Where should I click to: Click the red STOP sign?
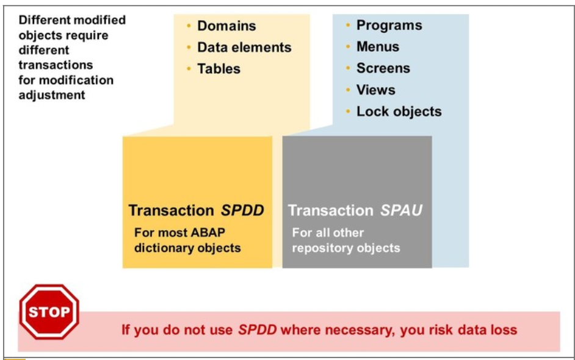click(49, 312)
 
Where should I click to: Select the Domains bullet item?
click(226, 26)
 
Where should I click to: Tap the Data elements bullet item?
click(244, 48)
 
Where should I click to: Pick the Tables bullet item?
click(219, 69)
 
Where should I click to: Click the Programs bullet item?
click(389, 26)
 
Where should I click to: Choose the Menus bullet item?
click(377, 47)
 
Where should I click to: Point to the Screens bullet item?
click(383, 68)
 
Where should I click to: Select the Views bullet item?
click(375, 90)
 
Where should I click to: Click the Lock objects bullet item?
click(399, 112)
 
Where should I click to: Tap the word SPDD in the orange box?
click(242, 211)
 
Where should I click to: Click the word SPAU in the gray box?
click(401, 211)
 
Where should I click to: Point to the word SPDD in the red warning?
click(257, 330)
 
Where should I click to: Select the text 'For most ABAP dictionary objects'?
click(187, 240)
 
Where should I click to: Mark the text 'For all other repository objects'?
click(345, 240)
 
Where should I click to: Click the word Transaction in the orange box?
click(171, 211)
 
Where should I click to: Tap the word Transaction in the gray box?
click(330, 211)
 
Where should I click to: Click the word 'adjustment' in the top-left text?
click(52, 95)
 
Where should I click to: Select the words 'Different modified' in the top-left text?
click(72, 20)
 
